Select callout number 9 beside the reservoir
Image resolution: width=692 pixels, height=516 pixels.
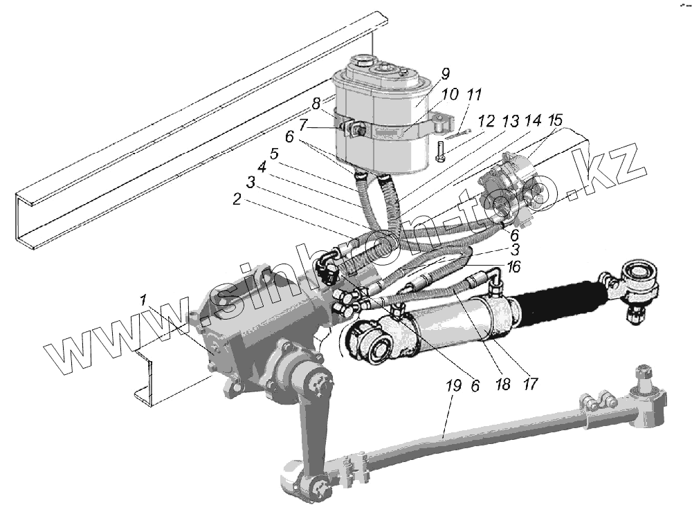[444, 74]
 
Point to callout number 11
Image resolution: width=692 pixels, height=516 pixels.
[474, 94]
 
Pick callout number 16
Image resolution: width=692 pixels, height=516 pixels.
[512, 266]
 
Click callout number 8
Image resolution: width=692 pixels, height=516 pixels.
[316, 104]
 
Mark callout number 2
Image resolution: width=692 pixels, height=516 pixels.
[237, 200]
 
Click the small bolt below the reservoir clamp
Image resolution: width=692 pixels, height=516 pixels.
[440, 151]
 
